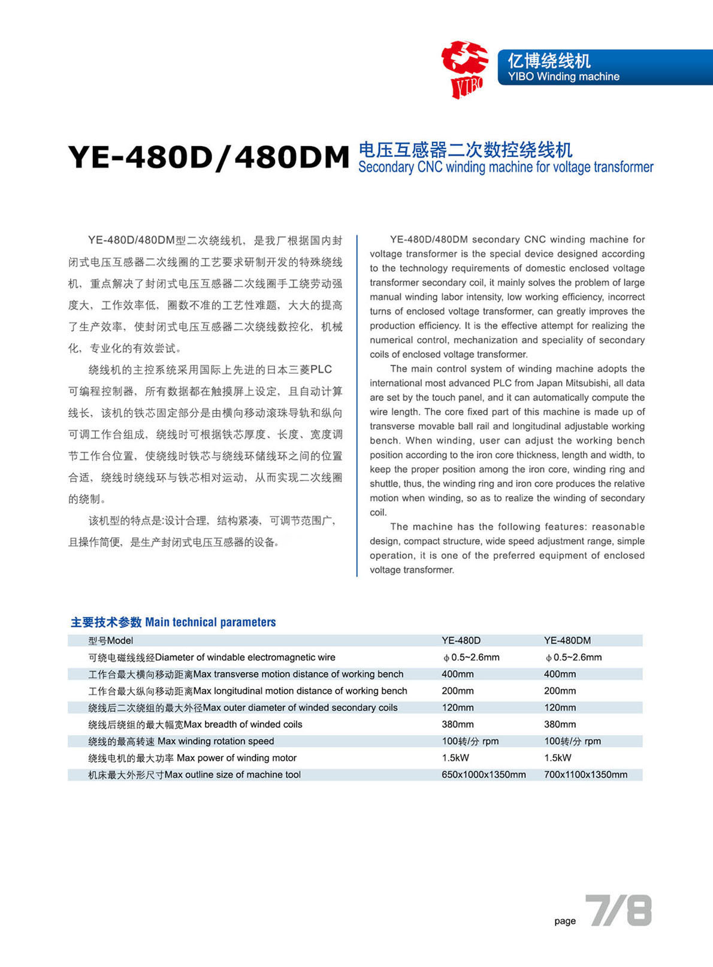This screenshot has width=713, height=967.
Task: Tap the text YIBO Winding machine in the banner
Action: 563,77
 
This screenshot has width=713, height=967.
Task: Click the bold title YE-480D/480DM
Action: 209,158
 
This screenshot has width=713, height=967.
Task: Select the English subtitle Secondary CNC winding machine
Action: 506,167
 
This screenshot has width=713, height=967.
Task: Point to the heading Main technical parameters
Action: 210,622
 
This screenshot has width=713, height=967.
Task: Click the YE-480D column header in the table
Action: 461,640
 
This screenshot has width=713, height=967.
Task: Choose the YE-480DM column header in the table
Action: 567,640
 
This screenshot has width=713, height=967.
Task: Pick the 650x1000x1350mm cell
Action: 484,775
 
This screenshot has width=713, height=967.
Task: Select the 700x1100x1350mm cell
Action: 585,775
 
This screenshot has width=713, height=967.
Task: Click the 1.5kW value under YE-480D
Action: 455,758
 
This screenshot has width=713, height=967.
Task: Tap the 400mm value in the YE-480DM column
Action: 560,674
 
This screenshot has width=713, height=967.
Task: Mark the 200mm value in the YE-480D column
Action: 457,691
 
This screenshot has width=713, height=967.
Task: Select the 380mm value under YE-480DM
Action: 560,724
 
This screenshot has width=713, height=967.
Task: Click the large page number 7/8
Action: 618,911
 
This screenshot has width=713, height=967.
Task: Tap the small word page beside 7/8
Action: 564,921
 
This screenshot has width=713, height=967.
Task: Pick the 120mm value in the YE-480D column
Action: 457,708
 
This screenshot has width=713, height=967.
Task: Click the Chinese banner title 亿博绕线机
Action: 549,61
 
